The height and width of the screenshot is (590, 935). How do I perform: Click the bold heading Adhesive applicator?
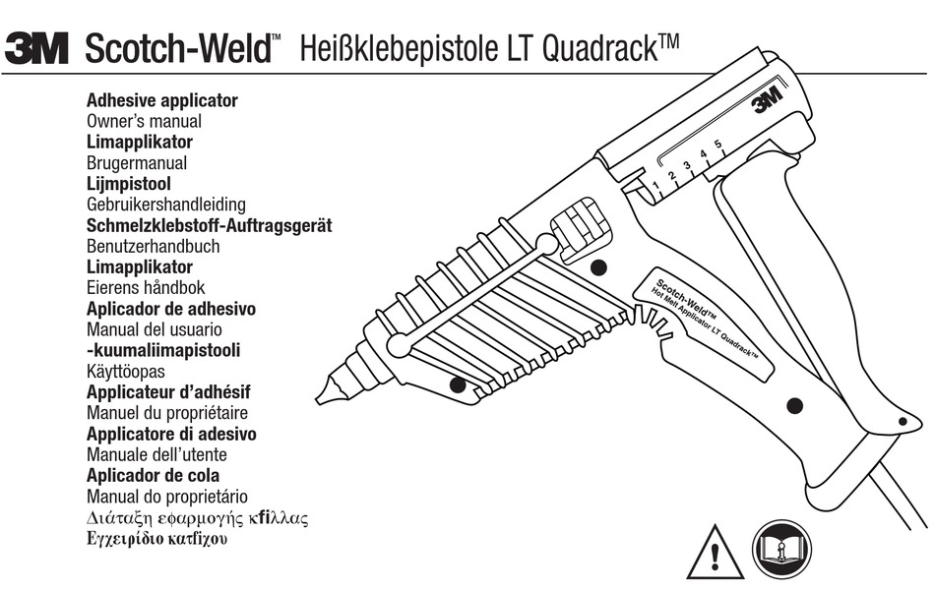(162, 100)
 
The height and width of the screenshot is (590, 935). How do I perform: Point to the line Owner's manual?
(144, 121)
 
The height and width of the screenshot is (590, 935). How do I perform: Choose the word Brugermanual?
(137, 163)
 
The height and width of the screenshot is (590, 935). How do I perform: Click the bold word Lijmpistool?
(129, 184)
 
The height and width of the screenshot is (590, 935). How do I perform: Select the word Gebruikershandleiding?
(166, 205)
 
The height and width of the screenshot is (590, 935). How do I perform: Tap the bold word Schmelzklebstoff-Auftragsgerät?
(209, 225)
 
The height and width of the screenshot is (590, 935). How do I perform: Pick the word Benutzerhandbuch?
(154, 246)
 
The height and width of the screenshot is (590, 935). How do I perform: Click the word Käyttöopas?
(126, 372)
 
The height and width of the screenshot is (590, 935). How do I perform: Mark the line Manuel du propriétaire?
(167, 413)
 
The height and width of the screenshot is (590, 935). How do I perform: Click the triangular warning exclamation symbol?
(715, 553)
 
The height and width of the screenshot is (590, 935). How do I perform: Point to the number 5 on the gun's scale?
(717, 146)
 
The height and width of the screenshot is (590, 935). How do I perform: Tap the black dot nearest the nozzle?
(457, 384)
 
